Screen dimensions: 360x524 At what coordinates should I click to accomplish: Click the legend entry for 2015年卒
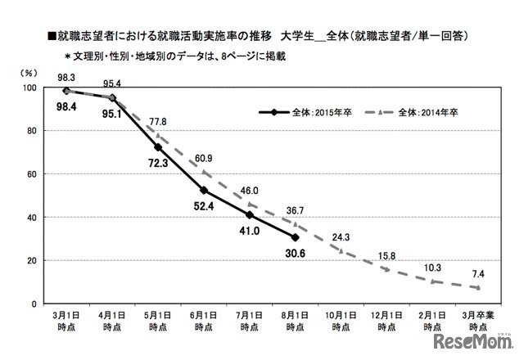click(300, 112)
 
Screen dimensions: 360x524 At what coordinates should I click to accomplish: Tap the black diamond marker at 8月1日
click(295, 238)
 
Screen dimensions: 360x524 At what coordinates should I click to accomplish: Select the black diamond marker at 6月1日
click(202, 191)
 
